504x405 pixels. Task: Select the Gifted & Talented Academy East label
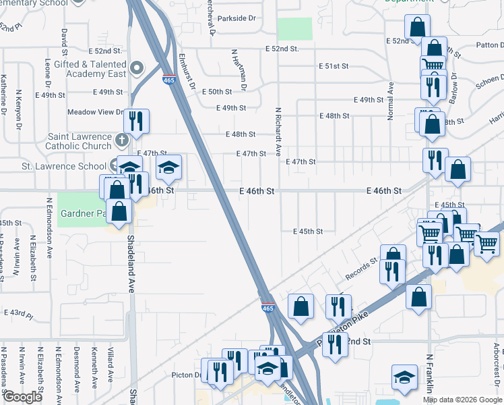coord(94,68)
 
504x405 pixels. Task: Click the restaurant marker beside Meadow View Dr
coord(137,120)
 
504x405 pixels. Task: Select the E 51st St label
coord(334,66)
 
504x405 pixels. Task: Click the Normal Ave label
coord(390,101)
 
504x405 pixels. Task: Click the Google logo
coord(22,398)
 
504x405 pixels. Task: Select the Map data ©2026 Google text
coord(462,400)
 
